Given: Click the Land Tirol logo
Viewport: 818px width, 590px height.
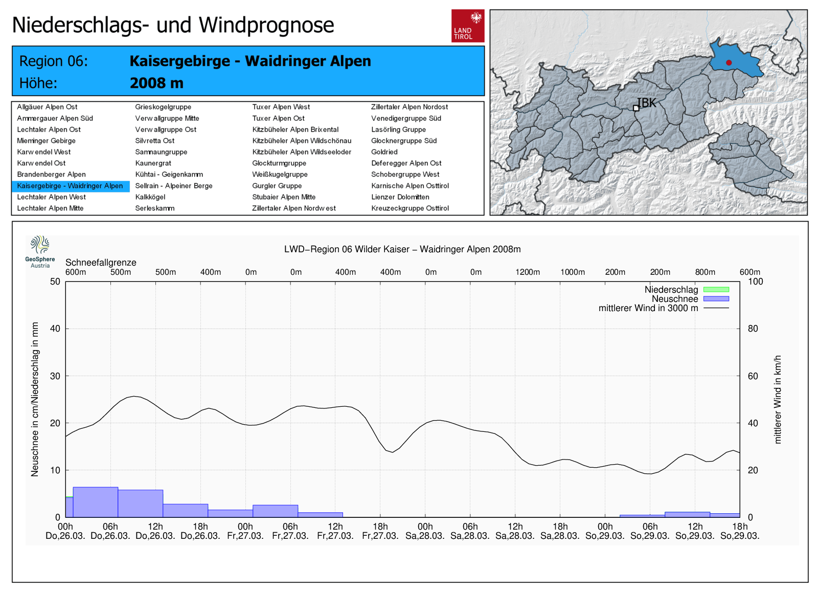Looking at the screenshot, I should tap(467, 26).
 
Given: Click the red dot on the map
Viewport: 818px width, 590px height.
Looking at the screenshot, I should tap(729, 63).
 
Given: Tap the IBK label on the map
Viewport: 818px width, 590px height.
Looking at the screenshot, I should tap(646, 103).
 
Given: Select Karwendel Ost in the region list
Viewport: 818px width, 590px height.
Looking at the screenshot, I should tap(41, 163).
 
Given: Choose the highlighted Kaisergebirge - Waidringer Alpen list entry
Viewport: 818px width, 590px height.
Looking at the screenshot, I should tap(70, 186).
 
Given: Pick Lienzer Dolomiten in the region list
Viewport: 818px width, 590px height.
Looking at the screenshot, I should tap(400, 197).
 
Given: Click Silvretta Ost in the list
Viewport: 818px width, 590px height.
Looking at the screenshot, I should tap(154, 141).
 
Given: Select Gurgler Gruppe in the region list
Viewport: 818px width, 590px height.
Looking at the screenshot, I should tap(277, 186).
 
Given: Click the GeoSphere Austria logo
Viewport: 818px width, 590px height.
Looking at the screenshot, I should tap(40, 251).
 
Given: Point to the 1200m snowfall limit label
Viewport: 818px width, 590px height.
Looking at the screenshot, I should tap(527, 272).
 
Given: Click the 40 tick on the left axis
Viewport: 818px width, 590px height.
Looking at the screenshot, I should tap(55, 329).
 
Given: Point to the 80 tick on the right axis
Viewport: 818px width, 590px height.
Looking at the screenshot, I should tap(753, 329).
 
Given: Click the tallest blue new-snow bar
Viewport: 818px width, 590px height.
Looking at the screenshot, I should tap(96, 502).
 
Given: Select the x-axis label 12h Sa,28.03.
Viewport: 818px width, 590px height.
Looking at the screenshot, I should tap(515, 531).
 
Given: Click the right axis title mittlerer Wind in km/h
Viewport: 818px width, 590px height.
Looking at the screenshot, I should tap(778, 399).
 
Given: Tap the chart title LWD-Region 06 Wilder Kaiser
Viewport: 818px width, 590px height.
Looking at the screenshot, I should tap(402, 249).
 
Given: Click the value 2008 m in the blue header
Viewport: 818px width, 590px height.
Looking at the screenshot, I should tap(156, 83).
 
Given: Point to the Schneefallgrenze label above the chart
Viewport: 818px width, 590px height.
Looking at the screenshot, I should tap(101, 263).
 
